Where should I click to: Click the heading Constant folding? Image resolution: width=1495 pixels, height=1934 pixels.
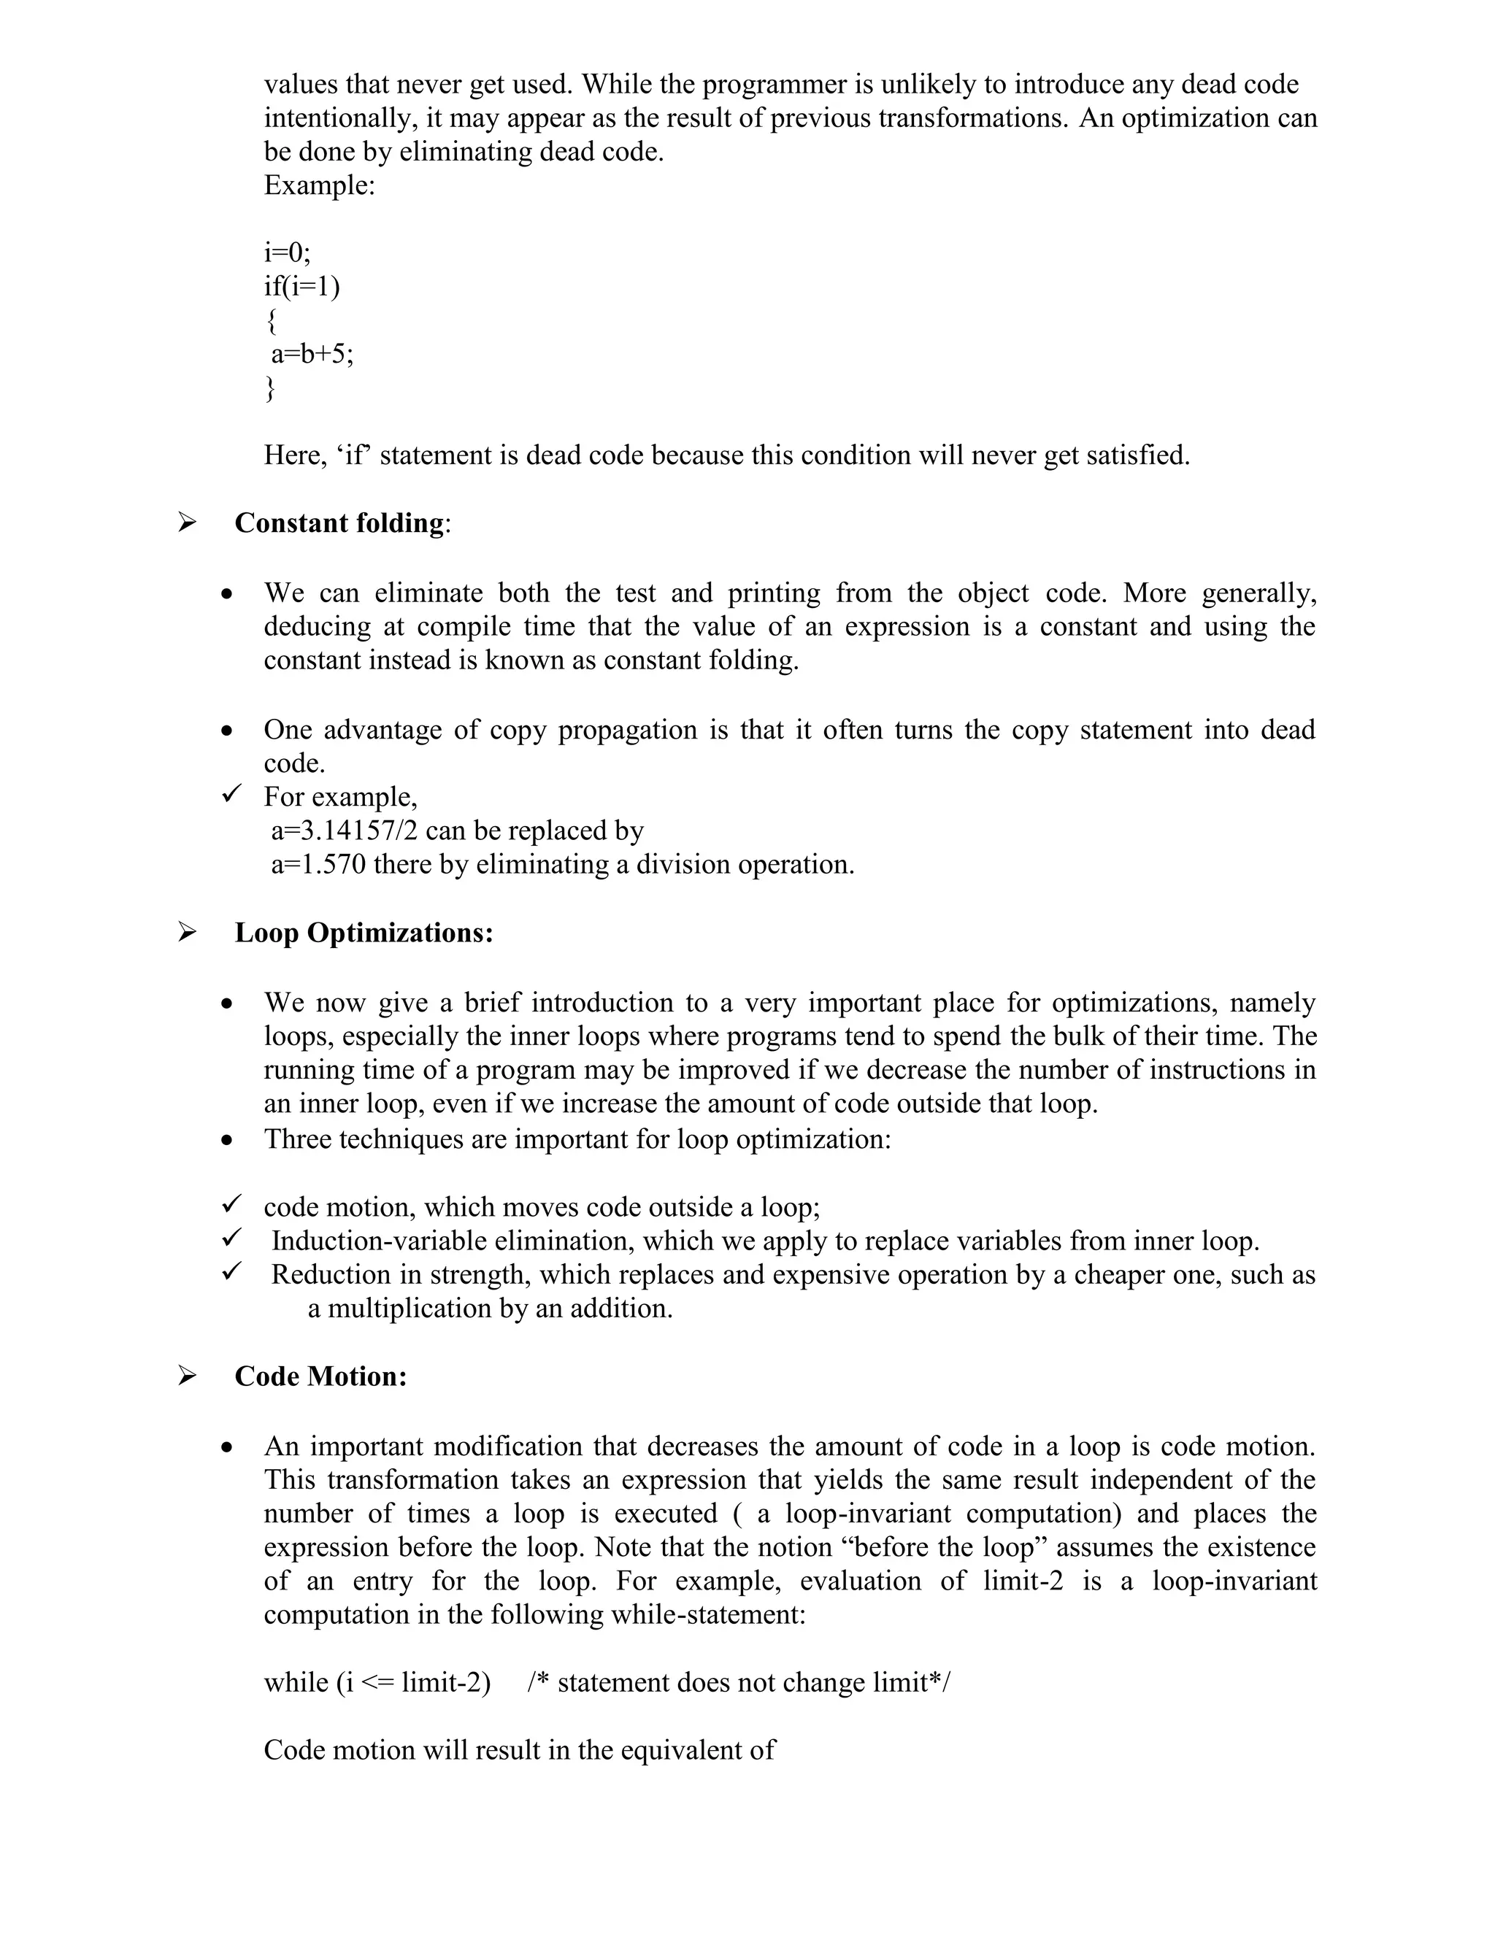pos(339,523)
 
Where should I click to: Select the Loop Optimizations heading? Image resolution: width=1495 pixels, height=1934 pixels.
pos(363,933)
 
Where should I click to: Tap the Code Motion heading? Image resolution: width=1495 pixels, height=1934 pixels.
pos(320,1377)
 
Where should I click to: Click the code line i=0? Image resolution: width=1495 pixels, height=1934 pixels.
pos(287,253)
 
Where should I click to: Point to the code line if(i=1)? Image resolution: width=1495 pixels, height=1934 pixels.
pos(302,286)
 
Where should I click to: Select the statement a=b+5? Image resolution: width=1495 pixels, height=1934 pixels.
pos(312,354)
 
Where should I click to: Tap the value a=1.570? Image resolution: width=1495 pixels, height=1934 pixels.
pos(318,864)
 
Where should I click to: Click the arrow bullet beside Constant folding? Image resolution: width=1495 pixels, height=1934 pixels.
pos(186,523)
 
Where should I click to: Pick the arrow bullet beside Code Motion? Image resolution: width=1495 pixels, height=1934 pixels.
pos(186,1376)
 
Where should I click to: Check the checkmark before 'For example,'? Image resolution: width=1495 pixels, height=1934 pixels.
pos(231,795)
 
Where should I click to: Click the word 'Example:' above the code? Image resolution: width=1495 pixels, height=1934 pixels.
pos(319,186)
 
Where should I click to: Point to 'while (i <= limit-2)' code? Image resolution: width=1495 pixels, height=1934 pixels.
pos(377,1682)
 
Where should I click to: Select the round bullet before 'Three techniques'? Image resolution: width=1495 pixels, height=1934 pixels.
pos(228,1141)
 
